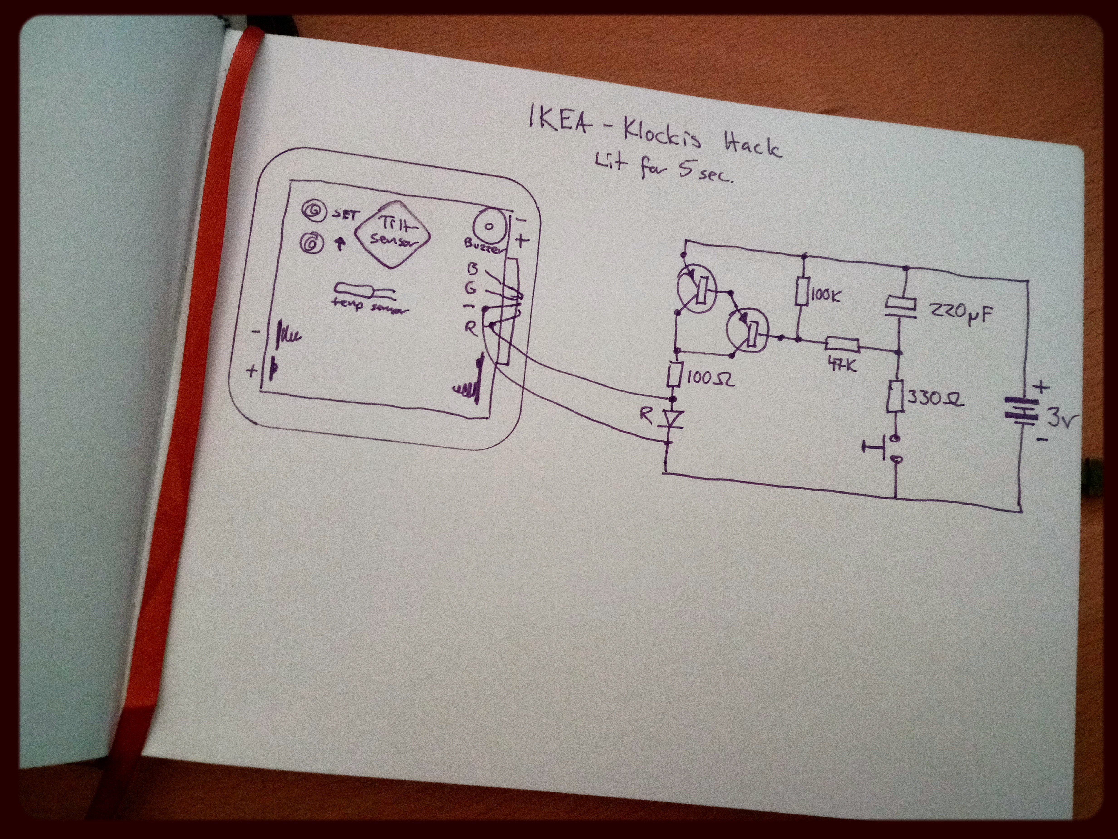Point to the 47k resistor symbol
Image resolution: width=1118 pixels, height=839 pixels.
842,345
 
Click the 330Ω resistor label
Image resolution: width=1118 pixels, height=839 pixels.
936,399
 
